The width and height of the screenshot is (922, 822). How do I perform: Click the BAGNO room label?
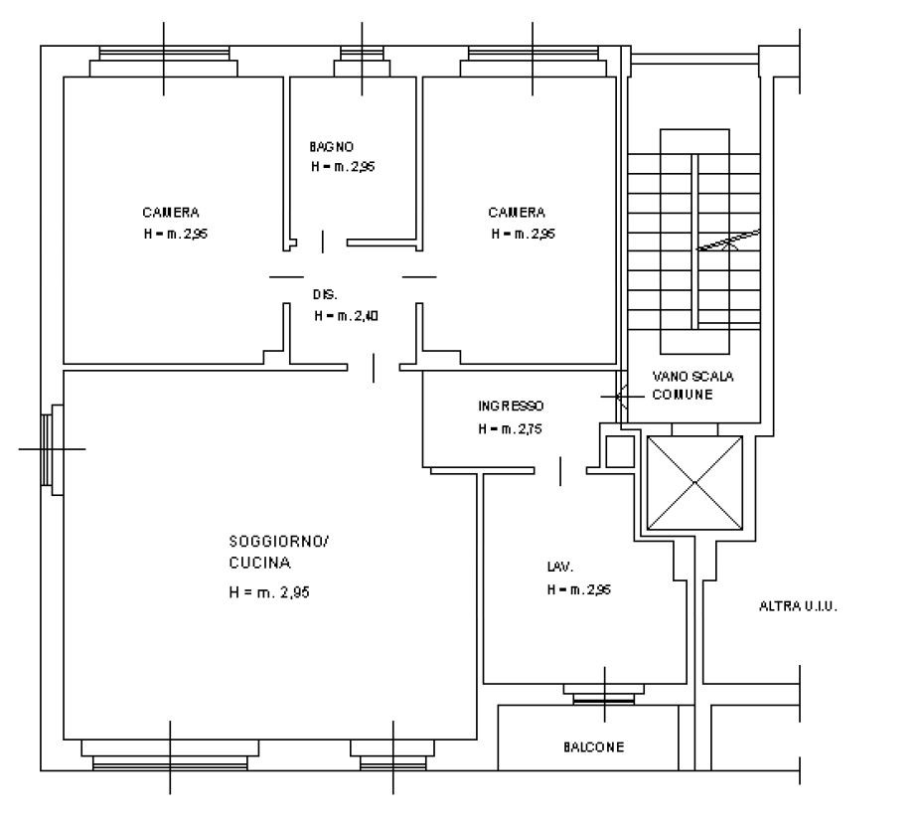pos(332,146)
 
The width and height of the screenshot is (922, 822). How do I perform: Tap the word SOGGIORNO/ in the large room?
pos(279,541)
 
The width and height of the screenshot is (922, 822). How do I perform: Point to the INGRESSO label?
pos(511,406)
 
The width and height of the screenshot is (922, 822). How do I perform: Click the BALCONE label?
pos(594,747)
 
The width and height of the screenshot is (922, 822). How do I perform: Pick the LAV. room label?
pos(560,568)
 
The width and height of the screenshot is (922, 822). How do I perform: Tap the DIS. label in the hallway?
pos(325,295)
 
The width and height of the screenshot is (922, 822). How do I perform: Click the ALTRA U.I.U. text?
pos(798,606)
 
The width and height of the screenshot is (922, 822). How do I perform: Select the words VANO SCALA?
pos(693,377)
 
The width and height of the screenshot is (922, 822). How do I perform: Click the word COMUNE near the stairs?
pos(683,395)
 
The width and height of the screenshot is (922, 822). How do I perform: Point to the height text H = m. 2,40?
pos(347,316)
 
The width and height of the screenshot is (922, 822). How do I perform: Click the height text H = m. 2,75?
pos(511,429)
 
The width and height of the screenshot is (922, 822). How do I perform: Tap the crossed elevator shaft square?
pos(694,482)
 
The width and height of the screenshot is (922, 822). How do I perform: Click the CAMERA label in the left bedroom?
pos(171,213)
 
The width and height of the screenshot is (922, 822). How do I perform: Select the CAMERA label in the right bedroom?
pos(517,213)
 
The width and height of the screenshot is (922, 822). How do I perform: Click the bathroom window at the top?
pos(362,62)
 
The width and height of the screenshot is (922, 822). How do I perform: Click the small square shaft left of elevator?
pos(620,452)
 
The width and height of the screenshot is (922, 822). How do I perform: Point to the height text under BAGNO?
pos(343,167)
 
